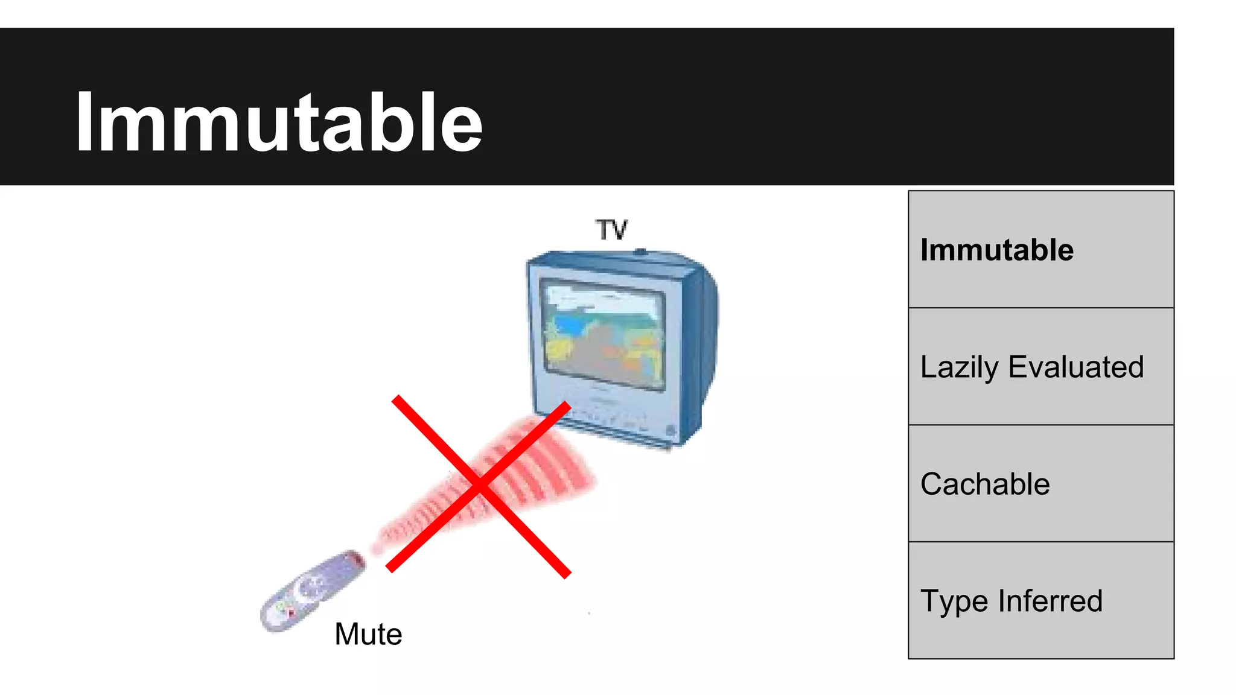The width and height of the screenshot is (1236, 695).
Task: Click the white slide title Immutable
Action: [279, 122]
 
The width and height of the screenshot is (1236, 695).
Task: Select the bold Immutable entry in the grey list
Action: [996, 250]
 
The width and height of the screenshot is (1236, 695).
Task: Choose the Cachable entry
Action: [985, 484]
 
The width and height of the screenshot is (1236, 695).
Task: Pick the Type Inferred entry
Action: [1011, 601]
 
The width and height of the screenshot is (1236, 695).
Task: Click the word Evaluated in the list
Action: [1076, 366]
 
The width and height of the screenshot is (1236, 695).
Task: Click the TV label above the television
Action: [612, 230]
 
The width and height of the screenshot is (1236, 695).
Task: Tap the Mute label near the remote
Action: [368, 634]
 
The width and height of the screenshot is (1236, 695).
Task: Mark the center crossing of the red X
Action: [480, 486]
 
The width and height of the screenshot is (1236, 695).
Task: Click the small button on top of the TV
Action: [641, 251]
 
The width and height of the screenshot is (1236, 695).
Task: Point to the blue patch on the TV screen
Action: [568, 326]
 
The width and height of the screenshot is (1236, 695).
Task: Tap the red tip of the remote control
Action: [356, 558]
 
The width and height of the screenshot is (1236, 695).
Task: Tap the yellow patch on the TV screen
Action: [558, 349]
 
